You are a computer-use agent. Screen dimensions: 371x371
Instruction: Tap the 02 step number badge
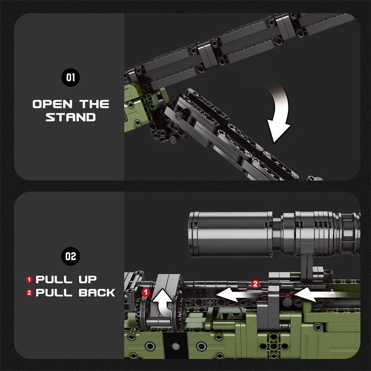tap(70, 256)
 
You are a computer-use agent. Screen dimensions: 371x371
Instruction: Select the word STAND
tap(70, 117)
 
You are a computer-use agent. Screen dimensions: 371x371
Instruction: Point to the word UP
tap(85, 279)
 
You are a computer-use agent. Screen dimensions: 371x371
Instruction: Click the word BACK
tap(97, 293)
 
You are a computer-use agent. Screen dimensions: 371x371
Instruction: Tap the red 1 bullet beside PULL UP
tap(29, 279)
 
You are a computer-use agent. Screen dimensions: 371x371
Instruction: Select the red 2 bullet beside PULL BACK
tap(29, 293)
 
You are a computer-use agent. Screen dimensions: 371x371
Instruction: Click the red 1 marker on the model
tap(146, 292)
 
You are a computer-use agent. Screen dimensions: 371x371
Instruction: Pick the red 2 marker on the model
tap(254, 282)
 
